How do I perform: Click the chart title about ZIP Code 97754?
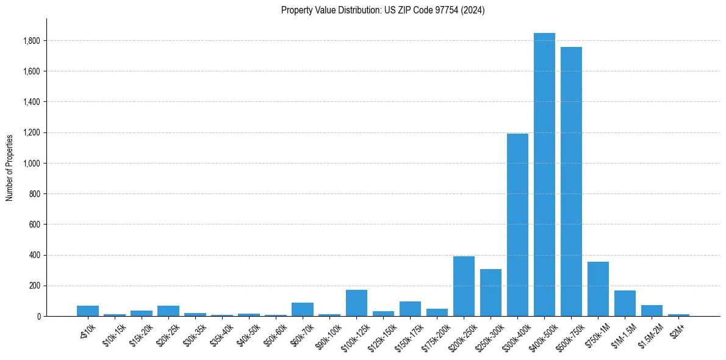click(x=383, y=10)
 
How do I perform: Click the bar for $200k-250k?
click(x=464, y=286)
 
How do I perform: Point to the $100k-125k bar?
click(x=356, y=303)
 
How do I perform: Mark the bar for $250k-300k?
click(x=491, y=292)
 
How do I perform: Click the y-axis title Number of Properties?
click(x=10, y=168)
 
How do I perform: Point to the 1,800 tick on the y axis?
click(x=32, y=41)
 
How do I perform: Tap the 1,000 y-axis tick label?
click(x=32, y=164)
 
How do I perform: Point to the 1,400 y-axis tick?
click(x=32, y=102)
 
